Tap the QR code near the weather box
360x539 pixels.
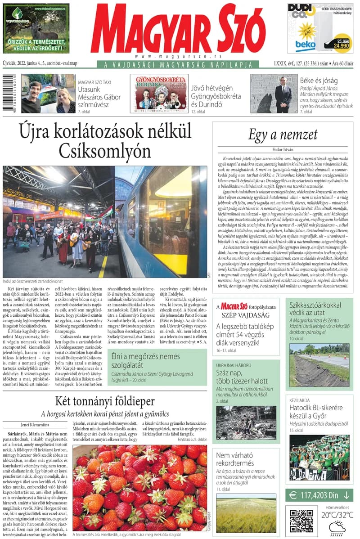tap(301, 521)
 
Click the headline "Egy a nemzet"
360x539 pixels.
tap(283, 135)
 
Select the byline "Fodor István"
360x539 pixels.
tap(283, 149)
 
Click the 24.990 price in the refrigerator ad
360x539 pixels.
tap(341, 45)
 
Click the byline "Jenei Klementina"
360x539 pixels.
tap(36, 423)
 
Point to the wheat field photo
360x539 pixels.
tap(245, 515)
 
